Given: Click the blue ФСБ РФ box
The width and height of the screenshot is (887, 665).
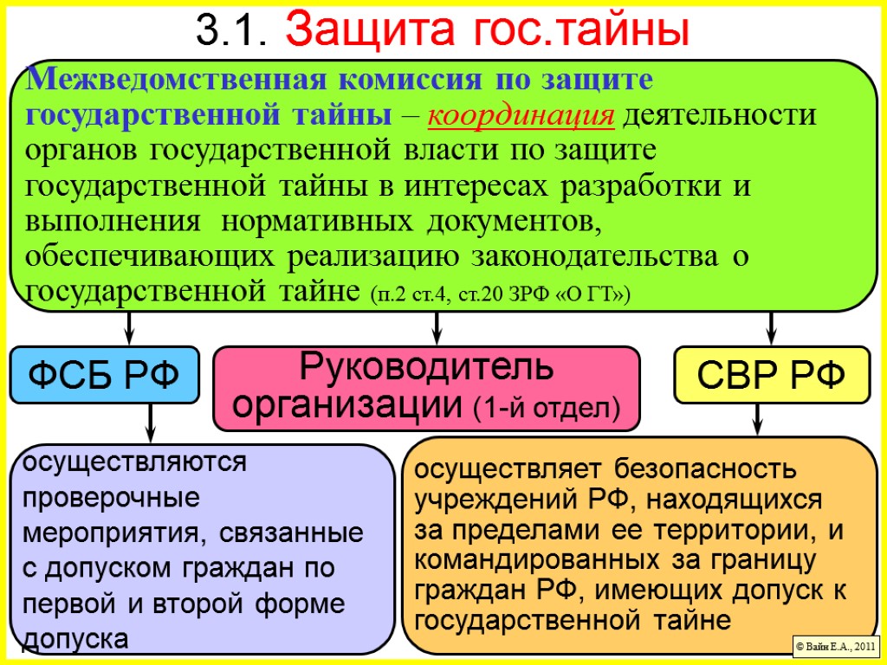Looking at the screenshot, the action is click(104, 376).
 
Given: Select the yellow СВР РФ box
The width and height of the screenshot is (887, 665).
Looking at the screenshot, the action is click(772, 376).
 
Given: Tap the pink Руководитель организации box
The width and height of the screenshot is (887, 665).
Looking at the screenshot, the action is click(426, 388).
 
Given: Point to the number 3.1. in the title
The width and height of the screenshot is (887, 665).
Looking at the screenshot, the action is click(230, 32).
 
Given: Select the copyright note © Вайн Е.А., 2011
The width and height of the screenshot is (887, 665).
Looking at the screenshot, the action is click(836, 646).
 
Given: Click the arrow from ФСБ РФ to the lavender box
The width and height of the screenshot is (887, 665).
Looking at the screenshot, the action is click(150, 424).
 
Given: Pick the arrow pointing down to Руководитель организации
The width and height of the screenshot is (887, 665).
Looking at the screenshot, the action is click(437, 327).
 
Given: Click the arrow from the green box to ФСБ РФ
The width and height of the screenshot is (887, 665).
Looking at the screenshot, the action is click(129, 327).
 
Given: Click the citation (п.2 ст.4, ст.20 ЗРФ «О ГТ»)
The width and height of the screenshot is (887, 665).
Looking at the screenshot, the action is click(500, 295).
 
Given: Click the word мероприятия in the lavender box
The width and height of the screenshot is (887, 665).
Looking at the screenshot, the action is click(107, 533).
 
